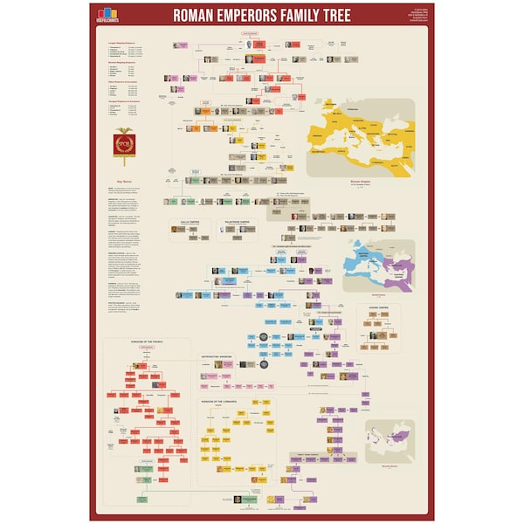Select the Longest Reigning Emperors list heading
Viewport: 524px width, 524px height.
tap(122, 42)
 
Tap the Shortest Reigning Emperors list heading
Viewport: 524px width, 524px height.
tap(122, 62)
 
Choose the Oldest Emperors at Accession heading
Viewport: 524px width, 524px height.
tap(122, 82)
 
